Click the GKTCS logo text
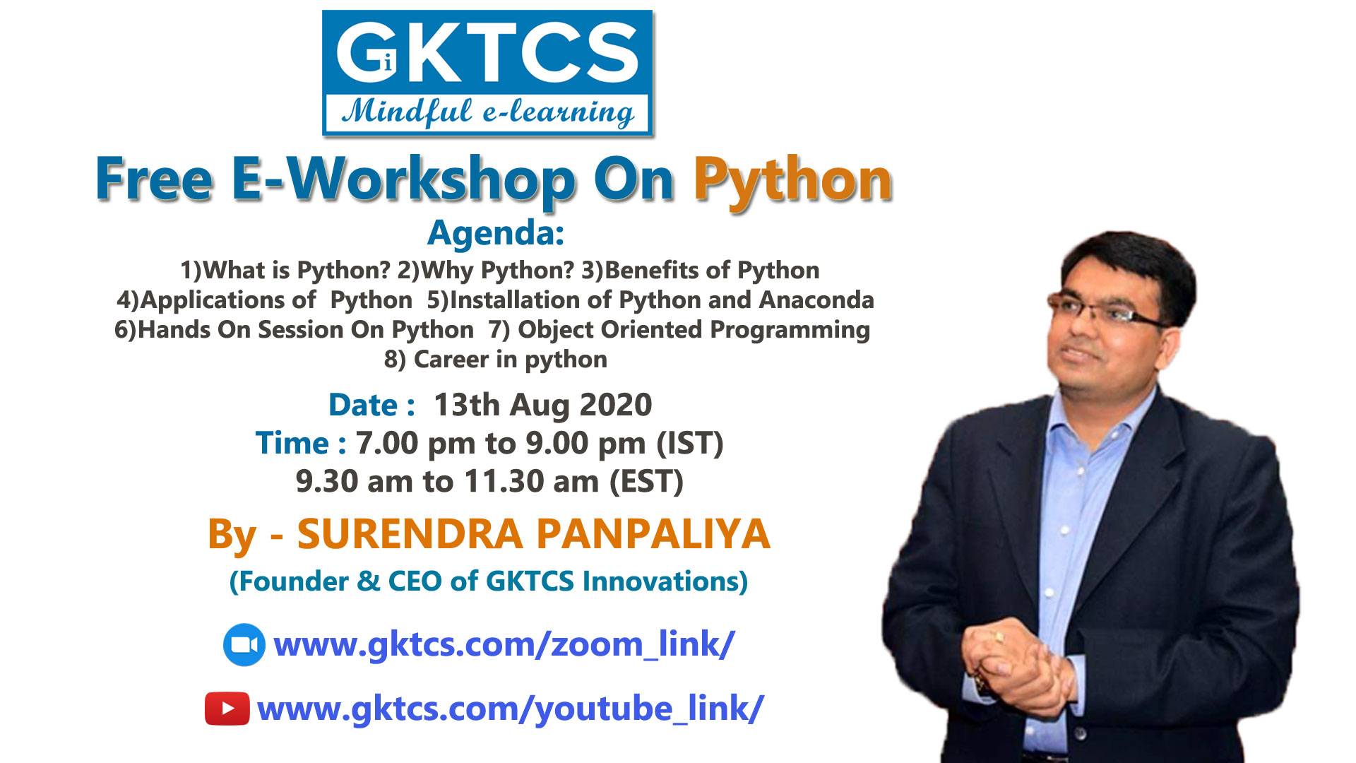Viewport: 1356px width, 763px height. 487,52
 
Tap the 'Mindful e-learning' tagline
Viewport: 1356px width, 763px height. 488,113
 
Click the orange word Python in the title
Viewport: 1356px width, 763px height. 793,182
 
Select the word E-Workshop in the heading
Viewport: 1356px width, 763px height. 404,180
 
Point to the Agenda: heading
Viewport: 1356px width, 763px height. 496,233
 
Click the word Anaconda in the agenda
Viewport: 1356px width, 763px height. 816,300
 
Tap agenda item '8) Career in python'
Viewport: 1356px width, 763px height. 496,360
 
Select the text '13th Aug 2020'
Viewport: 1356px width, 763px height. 542,405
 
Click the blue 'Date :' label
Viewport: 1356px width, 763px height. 371,405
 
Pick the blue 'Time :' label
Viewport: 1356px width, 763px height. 301,443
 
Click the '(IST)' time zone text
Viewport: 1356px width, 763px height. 690,444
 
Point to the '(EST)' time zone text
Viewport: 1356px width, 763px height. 647,482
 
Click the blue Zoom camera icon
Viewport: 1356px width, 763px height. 244,645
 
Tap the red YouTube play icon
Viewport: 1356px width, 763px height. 227,709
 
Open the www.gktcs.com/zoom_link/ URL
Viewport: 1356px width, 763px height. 504,645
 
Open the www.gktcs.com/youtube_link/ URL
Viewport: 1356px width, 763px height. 511,709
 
